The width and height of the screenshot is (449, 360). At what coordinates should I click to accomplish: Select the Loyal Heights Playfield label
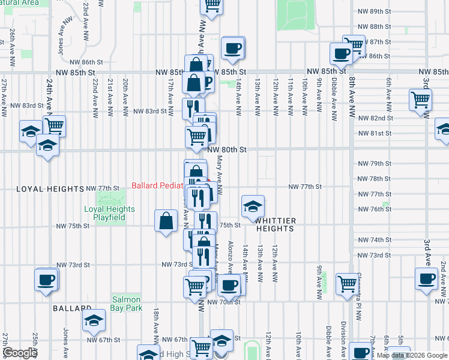tap(109, 213)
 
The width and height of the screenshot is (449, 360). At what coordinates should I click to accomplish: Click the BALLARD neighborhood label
tap(71, 308)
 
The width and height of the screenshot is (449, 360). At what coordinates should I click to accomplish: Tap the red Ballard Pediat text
tap(157, 185)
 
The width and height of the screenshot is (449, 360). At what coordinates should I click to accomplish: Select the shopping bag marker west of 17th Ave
tap(166, 221)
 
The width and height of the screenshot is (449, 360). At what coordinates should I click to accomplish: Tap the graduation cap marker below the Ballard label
tap(94, 320)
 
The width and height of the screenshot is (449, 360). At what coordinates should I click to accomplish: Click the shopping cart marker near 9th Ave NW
tap(347, 284)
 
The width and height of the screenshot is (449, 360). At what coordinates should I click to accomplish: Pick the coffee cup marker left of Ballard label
tap(46, 279)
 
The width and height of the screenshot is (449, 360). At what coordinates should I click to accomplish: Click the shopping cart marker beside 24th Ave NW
tap(54, 126)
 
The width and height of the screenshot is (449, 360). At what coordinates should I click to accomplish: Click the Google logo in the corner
tap(20, 353)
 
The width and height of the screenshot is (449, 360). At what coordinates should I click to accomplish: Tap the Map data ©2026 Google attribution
tap(412, 355)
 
